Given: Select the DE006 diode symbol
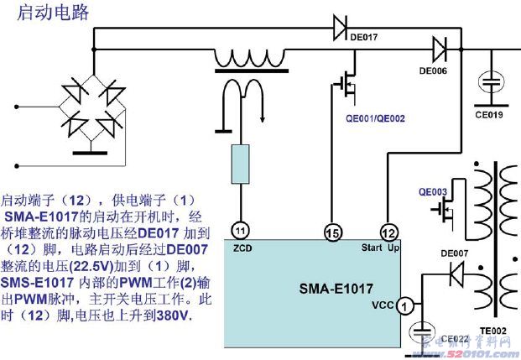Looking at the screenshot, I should [x=439, y=47].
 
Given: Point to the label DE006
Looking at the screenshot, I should [x=433, y=70].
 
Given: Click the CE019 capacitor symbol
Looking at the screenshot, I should [x=491, y=85].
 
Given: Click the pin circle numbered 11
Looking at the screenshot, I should [x=242, y=230].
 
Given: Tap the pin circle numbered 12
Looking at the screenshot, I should [x=388, y=231].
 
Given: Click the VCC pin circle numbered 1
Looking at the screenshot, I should [x=404, y=307].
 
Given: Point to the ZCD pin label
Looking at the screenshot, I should [x=242, y=248].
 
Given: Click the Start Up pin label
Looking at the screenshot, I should [x=378, y=248].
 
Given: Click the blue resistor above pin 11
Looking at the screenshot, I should [x=242, y=163].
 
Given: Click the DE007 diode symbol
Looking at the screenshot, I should [x=456, y=272].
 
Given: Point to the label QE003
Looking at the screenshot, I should [x=432, y=192].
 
